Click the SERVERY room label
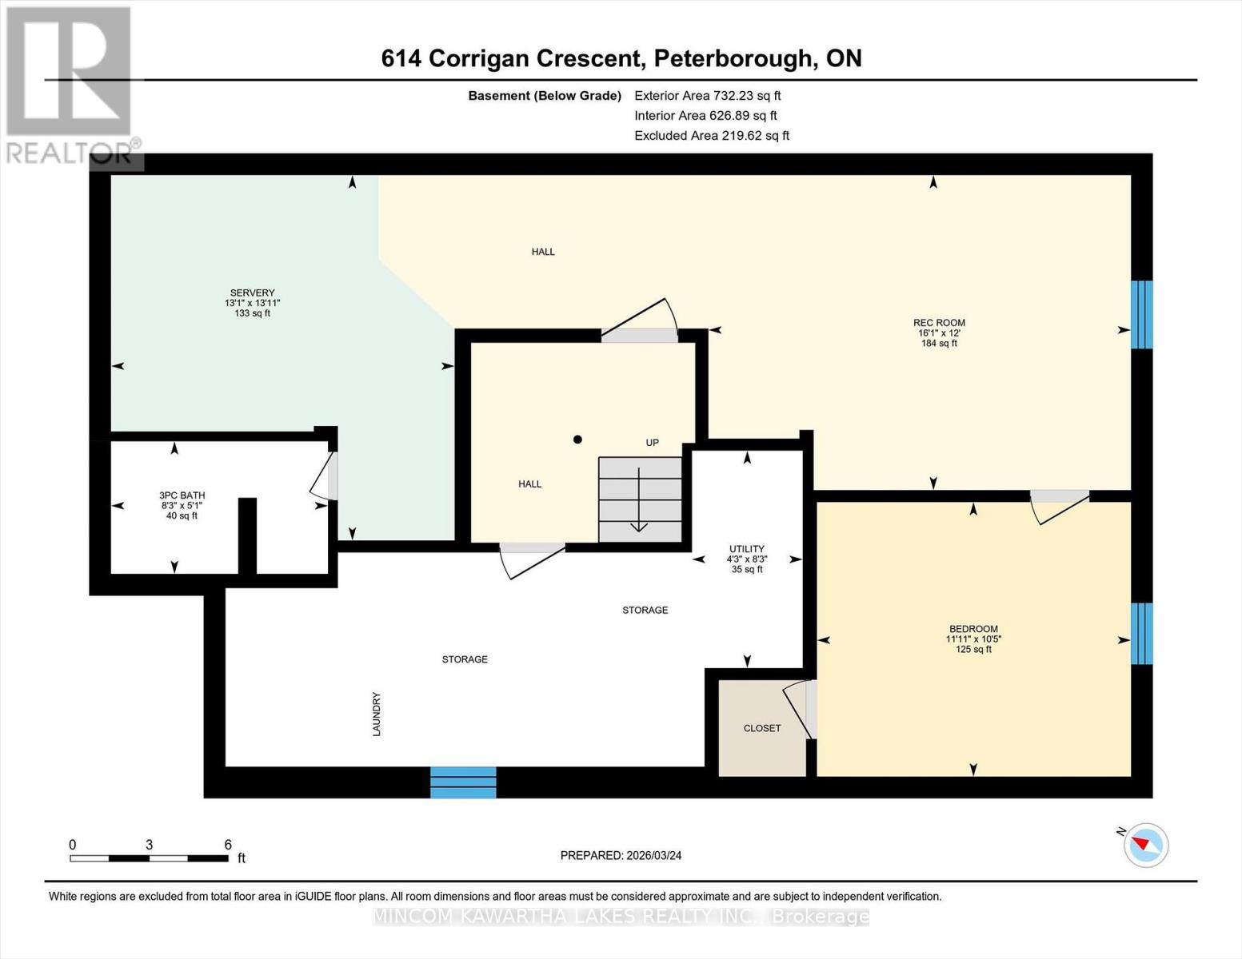(x=252, y=293)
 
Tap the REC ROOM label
(x=939, y=323)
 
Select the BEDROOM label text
(x=973, y=629)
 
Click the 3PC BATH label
(x=182, y=495)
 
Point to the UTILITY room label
(x=746, y=549)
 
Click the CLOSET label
(x=761, y=728)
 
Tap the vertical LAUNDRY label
(x=376, y=714)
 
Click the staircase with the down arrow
(x=640, y=499)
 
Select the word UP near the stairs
(x=653, y=443)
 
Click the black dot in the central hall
(x=577, y=440)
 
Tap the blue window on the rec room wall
(x=1141, y=315)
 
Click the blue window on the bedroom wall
(x=1141, y=634)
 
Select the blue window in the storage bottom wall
(x=463, y=782)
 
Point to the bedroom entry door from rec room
(x=1059, y=503)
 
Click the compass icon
(x=1145, y=844)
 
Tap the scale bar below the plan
(x=149, y=858)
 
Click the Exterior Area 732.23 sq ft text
(x=707, y=96)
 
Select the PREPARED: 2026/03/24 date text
(x=621, y=855)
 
